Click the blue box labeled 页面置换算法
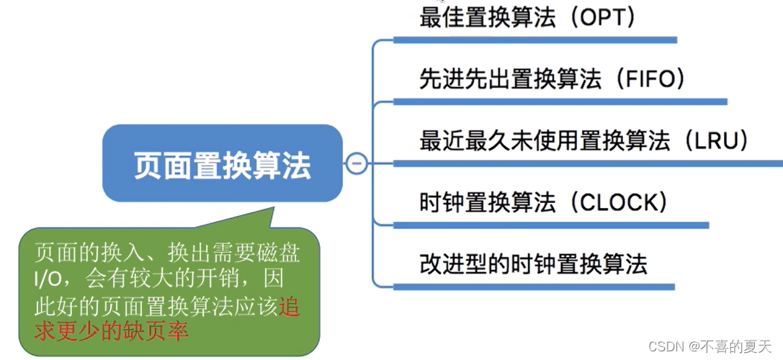pos(222,165)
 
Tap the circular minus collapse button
pos(356,163)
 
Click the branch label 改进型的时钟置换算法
pos(533,264)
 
